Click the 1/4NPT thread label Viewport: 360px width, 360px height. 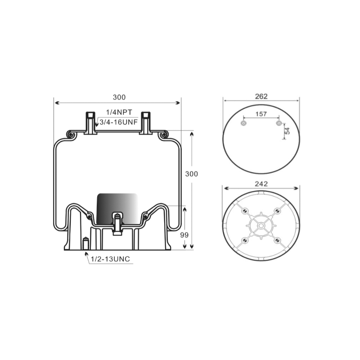point(119,112)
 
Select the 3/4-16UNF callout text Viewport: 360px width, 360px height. point(119,122)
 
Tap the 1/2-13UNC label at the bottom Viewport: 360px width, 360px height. point(110,259)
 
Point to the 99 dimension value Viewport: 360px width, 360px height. point(184,235)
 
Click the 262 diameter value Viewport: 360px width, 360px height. point(261,96)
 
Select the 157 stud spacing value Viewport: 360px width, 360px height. point(261,114)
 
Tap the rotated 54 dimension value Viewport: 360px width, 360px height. point(287,131)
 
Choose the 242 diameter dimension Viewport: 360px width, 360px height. point(261,184)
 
